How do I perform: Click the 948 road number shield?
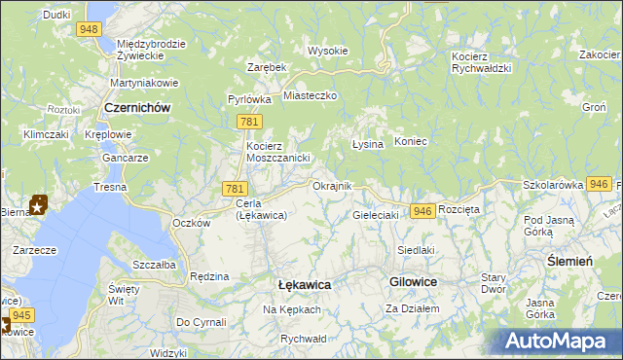click(91, 29)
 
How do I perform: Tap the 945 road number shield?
click(23, 315)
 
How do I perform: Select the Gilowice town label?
click(413, 281)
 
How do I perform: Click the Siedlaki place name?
click(416, 250)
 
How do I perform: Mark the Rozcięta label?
click(459, 209)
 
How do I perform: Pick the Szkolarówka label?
click(552, 184)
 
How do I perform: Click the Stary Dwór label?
click(494, 282)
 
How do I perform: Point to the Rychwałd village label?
click(303, 339)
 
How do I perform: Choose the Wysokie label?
click(327, 51)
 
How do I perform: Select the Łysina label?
click(367, 143)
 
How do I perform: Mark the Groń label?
click(594, 107)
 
